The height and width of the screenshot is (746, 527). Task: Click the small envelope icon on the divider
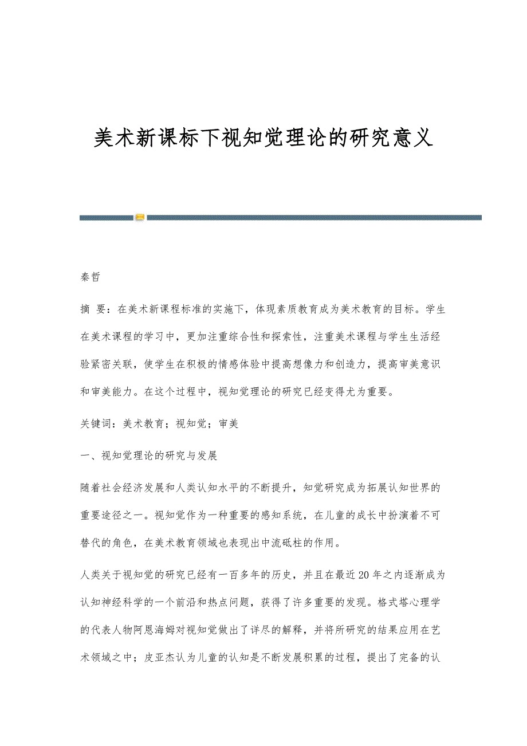140,218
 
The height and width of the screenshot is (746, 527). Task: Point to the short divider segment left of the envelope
107,218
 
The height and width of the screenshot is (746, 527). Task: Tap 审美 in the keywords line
229,424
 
